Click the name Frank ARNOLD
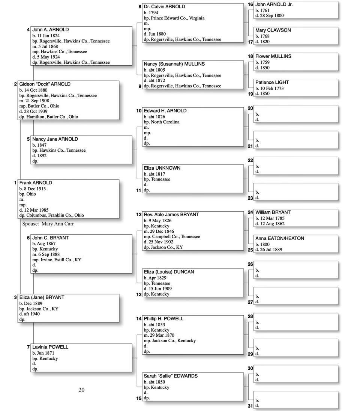coord(36,183)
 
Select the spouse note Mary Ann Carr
coord(48,224)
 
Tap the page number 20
coord(81,390)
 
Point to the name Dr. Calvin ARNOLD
coord(164,7)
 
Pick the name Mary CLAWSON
coord(273,30)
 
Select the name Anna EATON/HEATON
coord(280,238)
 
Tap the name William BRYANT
coord(273,212)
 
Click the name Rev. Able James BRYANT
coord(171,215)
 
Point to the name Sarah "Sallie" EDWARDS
coord(171,376)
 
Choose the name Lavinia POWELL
coord(50,347)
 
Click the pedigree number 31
coord(250,406)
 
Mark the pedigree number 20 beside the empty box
coord(250,108)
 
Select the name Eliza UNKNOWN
coord(162,168)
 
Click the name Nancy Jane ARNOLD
coord(55,139)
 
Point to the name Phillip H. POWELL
coord(163,319)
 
